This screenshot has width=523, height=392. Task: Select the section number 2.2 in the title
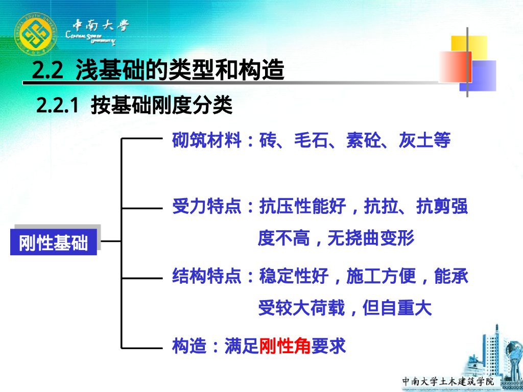coord(46,70)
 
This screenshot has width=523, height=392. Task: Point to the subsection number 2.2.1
coord(57,106)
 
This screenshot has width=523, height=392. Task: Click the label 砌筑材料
coord(207,140)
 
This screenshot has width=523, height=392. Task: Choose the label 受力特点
coord(207,207)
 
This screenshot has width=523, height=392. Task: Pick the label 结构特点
coord(207,276)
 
